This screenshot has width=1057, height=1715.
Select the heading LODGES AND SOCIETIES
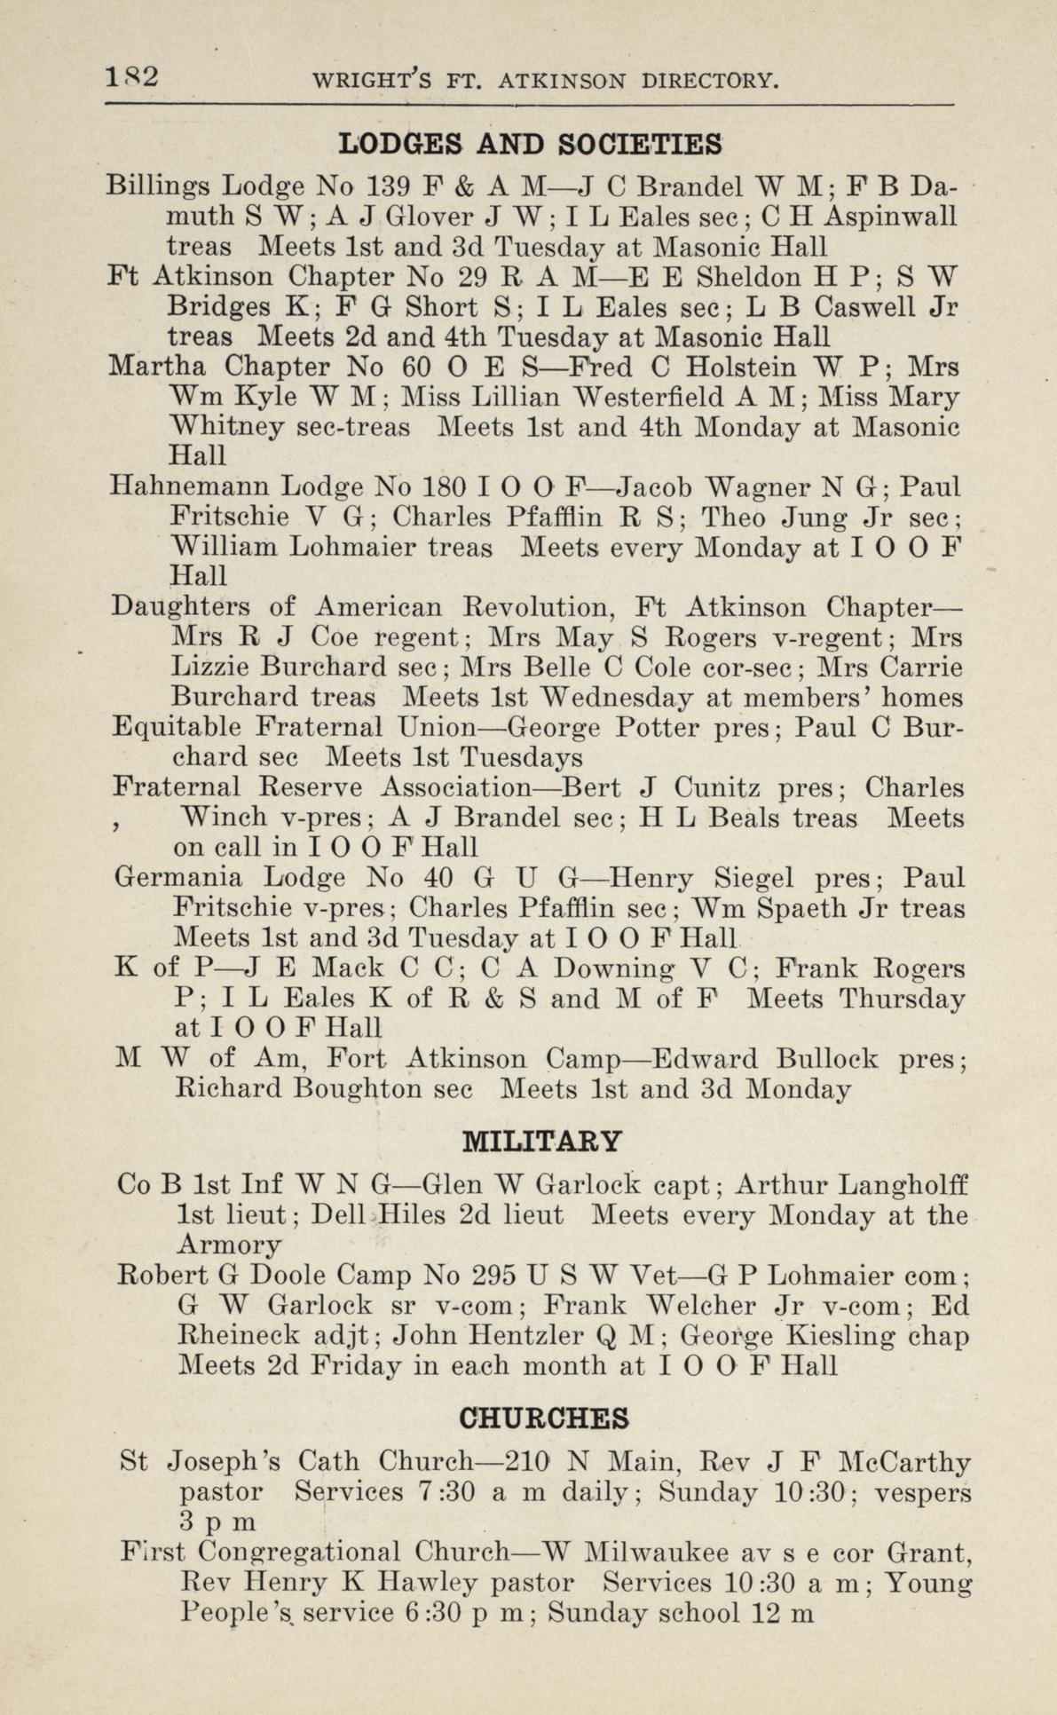(x=531, y=143)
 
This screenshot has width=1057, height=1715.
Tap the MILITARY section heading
(x=543, y=1141)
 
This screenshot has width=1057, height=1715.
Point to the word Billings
(x=158, y=187)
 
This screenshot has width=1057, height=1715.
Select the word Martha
(x=157, y=367)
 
